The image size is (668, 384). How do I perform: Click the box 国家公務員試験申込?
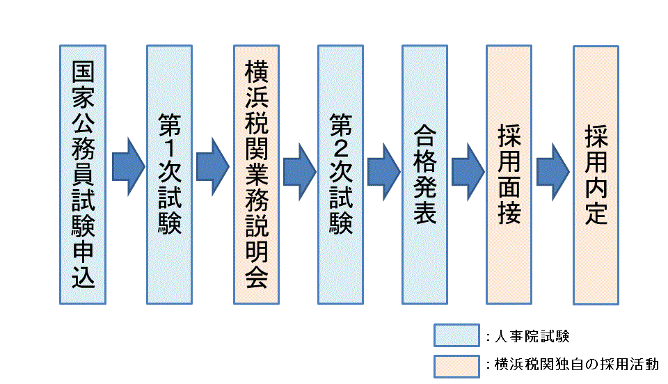tap(82, 175)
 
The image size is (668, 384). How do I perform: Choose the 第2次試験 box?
tap(340, 175)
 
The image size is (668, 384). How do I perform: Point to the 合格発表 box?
tap(425, 175)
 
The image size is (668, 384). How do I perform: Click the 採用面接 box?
tap(509, 175)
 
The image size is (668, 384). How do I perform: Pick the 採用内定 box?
tap(596, 175)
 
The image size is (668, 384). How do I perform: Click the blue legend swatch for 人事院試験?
tap(456, 335)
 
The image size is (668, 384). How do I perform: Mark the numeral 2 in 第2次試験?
tap(340, 147)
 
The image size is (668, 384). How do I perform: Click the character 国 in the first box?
tap(82, 72)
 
